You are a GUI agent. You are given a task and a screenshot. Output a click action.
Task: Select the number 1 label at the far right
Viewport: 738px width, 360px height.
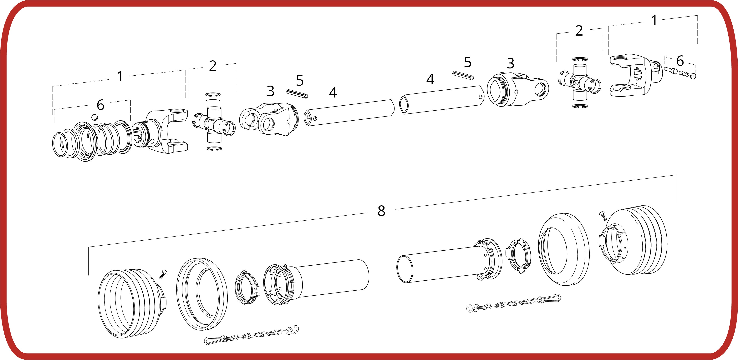click(654, 20)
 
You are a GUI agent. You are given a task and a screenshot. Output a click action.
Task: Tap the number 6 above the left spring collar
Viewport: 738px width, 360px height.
click(100, 105)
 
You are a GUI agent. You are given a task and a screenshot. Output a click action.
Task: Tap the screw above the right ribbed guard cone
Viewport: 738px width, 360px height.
click(603, 216)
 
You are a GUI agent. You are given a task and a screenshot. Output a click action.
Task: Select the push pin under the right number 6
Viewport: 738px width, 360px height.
click(671, 70)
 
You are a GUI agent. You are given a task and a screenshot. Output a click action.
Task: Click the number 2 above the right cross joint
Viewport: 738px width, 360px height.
click(579, 31)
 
